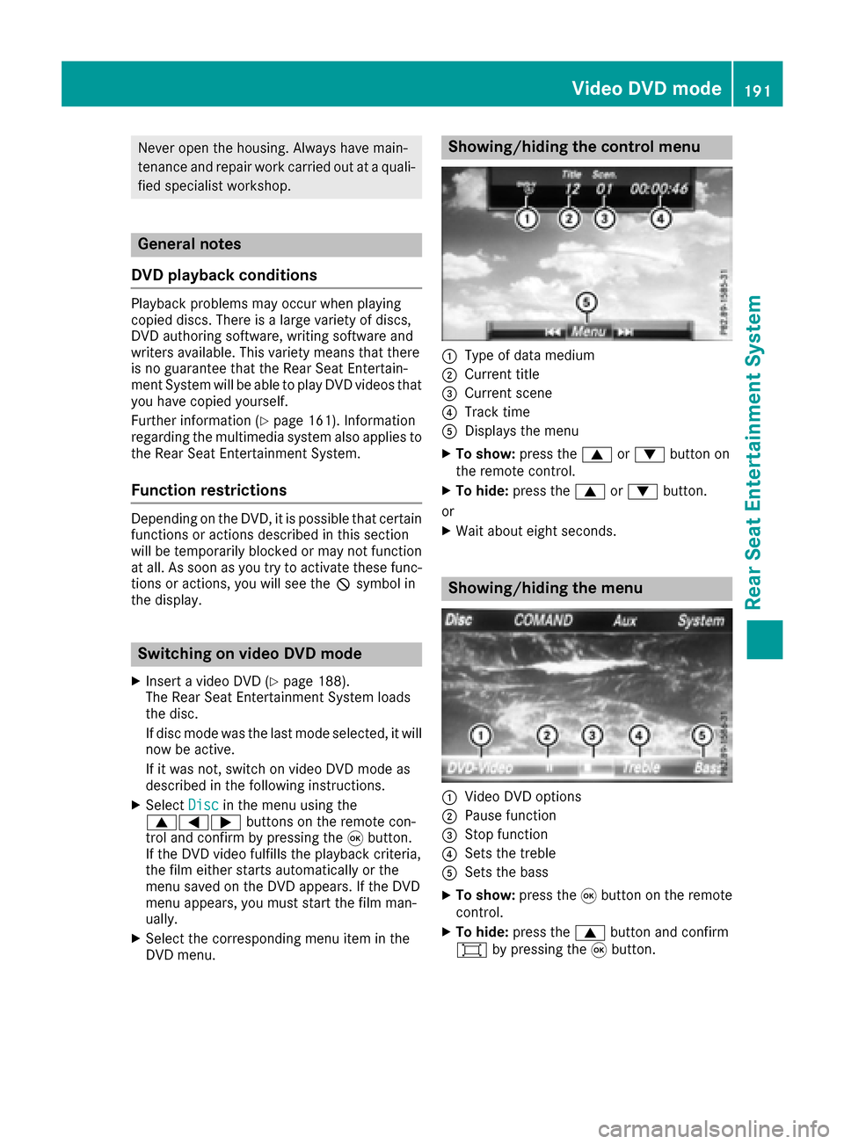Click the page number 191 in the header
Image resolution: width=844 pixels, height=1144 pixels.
(x=757, y=90)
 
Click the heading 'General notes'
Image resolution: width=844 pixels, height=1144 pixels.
(x=189, y=244)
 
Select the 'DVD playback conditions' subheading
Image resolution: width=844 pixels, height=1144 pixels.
(x=224, y=275)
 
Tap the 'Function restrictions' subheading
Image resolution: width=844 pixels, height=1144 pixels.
(x=209, y=490)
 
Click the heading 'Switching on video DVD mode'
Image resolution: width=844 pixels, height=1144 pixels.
(x=250, y=654)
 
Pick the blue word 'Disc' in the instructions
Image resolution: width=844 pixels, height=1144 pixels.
(x=203, y=805)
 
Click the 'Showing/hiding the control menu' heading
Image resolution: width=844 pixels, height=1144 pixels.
(x=574, y=147)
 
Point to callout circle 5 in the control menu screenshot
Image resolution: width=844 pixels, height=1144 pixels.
(x=586, y=303)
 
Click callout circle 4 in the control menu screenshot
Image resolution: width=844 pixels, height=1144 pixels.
(x=660, y=218)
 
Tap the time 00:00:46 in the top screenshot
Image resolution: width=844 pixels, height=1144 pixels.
(x=658, y=189)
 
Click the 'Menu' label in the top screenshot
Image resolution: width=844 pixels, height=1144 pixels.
(x=588, y=331)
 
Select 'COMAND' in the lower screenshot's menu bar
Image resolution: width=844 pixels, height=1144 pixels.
(x=543, y=620)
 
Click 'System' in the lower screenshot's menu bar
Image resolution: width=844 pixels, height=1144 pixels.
(x=701, y=620)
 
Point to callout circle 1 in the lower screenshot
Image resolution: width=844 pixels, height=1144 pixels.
(x=480, y=735)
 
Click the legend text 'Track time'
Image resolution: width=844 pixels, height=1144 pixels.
(x=497, y=412)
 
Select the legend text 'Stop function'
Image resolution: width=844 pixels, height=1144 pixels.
(x=506, y=835)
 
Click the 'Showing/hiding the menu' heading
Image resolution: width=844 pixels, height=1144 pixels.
(x=545, y=589)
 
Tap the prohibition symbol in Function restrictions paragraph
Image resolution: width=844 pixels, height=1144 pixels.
(x=343, y=584)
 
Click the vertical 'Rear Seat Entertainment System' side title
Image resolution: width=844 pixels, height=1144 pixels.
(x=753, y=453)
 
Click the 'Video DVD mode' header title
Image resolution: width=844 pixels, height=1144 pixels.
(x=646, y=88)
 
